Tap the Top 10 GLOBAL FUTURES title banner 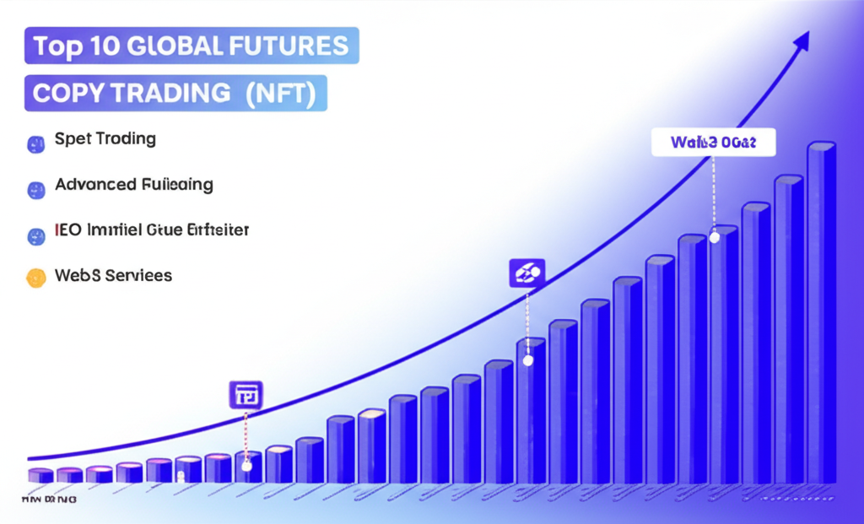192,46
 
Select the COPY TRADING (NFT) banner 175,94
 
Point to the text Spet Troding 105,139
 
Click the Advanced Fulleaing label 133,184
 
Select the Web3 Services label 113,275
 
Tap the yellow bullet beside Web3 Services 35,277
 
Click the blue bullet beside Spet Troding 35,143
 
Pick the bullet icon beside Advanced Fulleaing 35,188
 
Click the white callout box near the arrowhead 714,142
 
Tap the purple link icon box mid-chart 528,273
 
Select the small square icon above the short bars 246,393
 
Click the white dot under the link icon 528,359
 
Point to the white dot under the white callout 715,237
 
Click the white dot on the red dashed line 246,465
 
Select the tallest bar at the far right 820,312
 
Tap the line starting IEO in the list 151,230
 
